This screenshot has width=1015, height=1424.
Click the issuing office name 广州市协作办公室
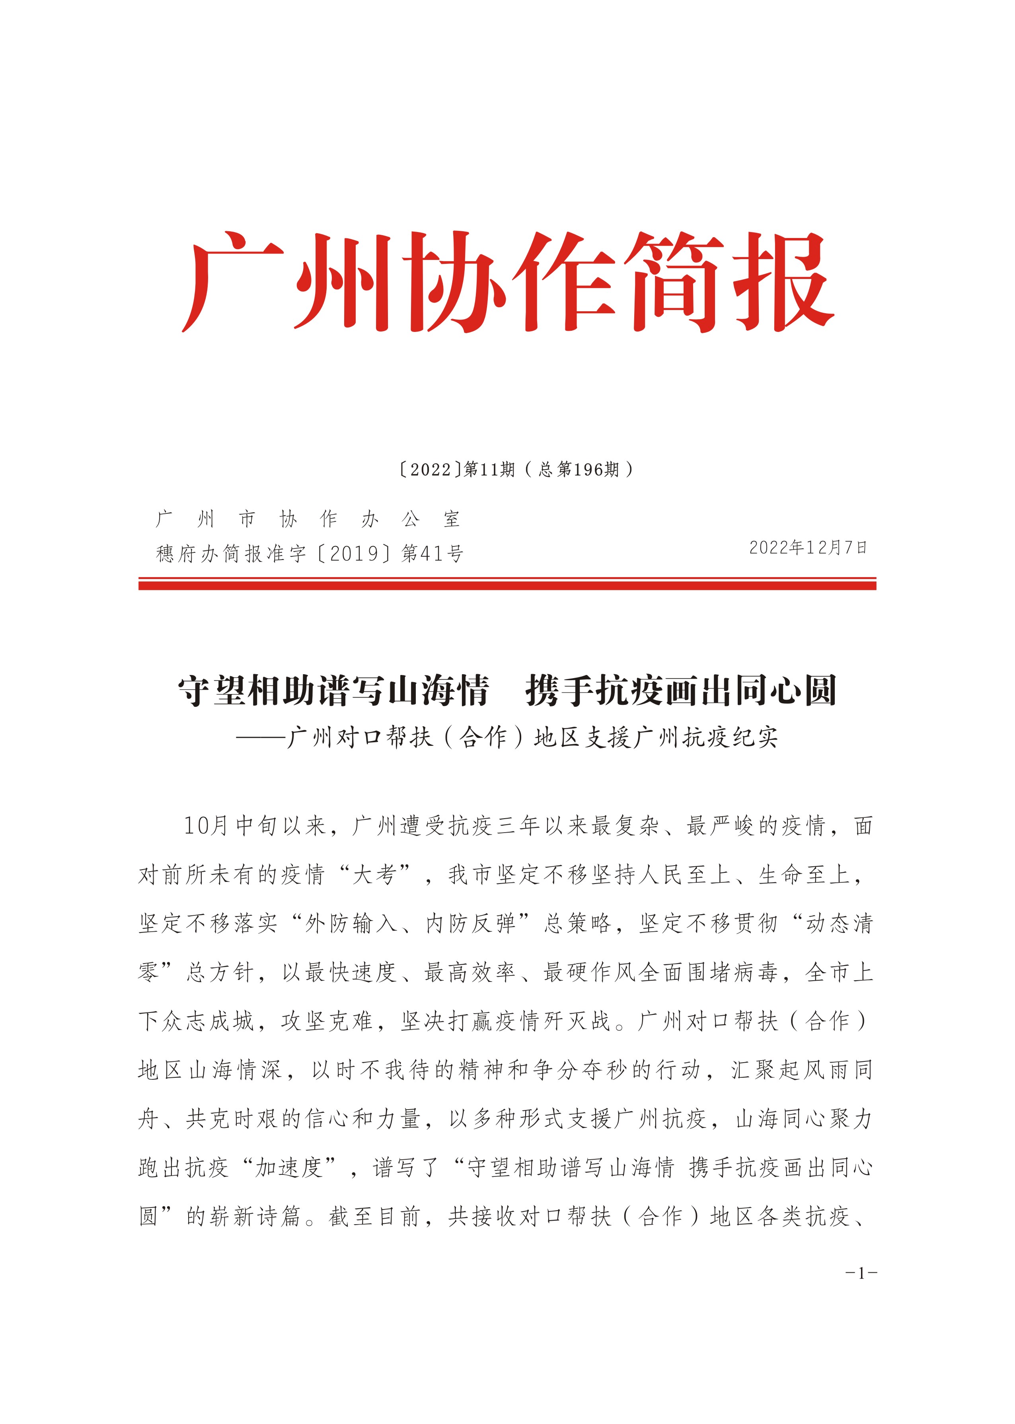point(308,518)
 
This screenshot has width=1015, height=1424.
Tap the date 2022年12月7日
point(807,548)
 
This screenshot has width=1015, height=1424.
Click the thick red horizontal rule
point(507,585)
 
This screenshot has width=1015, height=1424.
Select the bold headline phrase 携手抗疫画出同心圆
point(681,691)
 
